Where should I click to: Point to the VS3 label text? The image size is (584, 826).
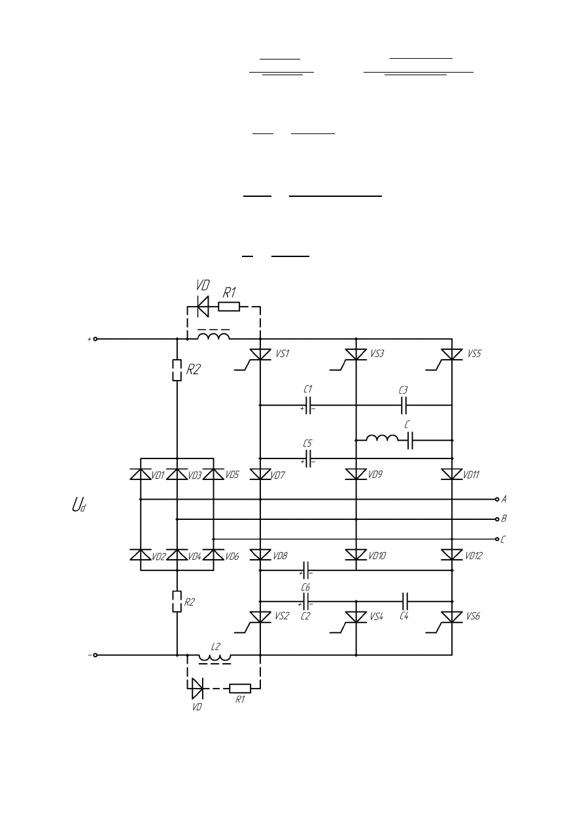tap(377, 354)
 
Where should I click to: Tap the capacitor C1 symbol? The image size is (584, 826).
tap(308, 405)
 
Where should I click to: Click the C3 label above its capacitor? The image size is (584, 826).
tap(403, 390)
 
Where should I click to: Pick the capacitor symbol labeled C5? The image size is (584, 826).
tap(308, 458)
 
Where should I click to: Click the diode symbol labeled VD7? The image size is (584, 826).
tap(260, 474)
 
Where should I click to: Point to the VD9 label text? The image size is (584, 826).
tap(375, 475)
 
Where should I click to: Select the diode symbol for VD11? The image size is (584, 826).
tap(452, 474)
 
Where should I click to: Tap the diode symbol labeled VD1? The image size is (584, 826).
tap(141, 474)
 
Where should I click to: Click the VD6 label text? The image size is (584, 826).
tap(232, 557)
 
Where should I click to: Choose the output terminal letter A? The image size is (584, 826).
tap(504, 499)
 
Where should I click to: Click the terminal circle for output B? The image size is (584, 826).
tap(497, 519)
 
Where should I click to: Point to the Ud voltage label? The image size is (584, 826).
tap(79, 505)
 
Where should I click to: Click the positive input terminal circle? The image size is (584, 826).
tap(95, 339)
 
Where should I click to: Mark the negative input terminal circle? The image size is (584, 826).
tap(95, 655)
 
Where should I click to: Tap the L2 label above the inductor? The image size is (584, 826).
tap(216, 646)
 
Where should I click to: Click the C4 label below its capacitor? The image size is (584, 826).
tap(404, 616)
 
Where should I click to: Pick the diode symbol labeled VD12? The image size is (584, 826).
tap(452, 555)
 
